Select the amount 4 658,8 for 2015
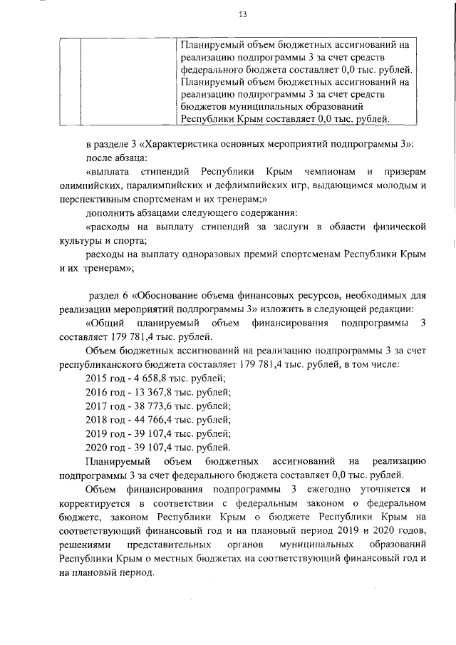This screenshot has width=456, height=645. [147, 378]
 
